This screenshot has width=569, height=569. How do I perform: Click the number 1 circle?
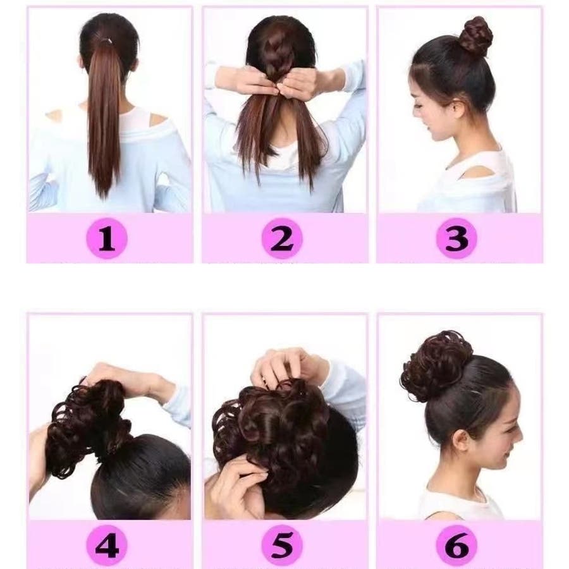pyautogui.click(x=107, y=238)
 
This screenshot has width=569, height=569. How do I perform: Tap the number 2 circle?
pyautogui.click(x=282, y=238)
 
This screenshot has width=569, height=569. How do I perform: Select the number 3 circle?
pyautogui.click(x=456, y=238)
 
